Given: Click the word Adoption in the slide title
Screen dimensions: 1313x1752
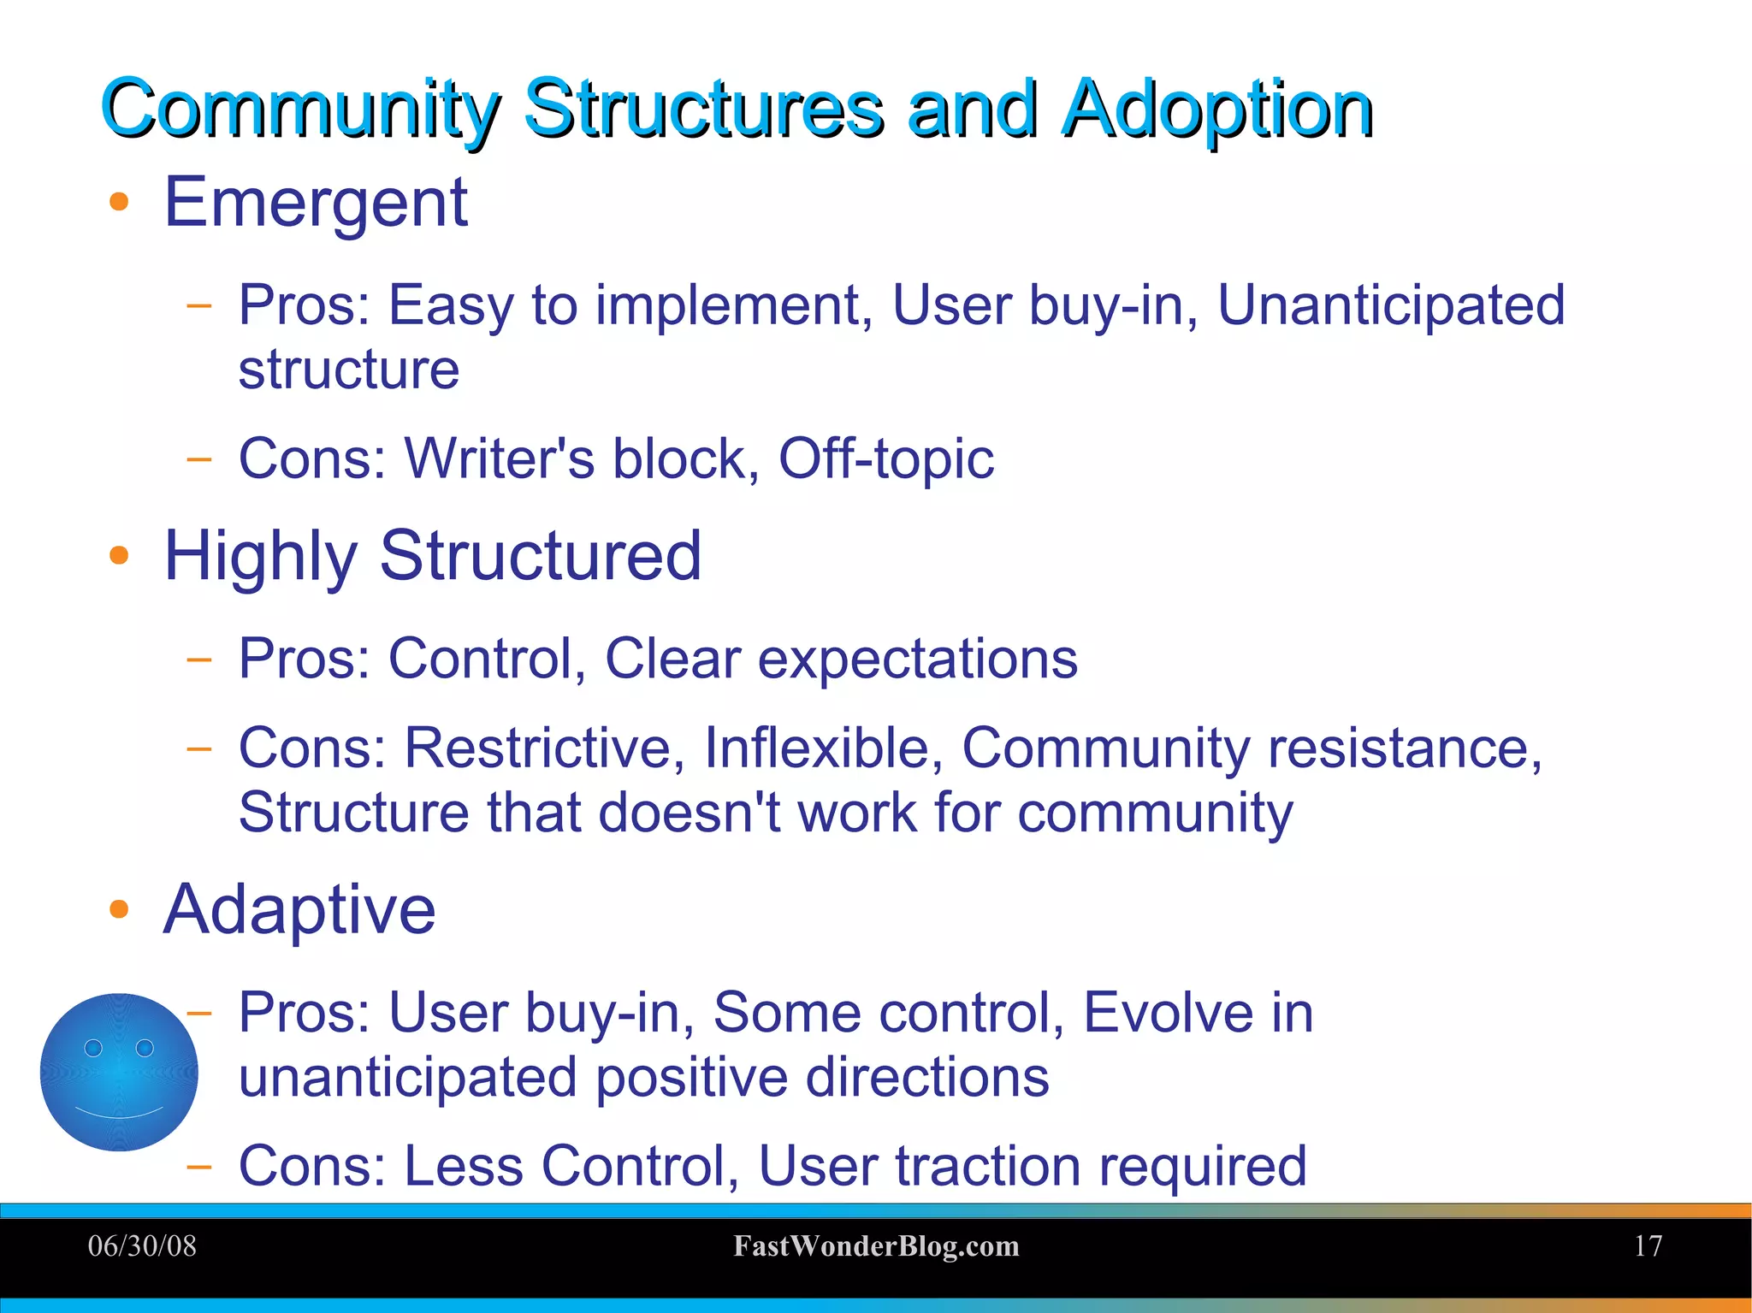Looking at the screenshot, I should (1216, 109).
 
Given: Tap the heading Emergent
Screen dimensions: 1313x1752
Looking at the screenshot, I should (316, 204).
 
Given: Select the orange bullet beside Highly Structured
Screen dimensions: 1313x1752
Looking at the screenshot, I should (119, 556).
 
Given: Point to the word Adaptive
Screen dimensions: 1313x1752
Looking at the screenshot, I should (299, 909).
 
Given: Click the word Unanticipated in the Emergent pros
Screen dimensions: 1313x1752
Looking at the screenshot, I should (1390, 305).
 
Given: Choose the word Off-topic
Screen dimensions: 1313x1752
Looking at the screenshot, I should (885, 460).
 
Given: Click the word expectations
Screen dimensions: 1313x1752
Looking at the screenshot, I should (917, 660).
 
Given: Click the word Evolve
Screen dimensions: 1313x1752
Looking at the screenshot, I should (1167, 1013).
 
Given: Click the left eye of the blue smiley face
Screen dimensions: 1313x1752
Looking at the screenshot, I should (93, 1048).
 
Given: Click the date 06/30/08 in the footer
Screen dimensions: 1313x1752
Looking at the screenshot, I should (142, 1246).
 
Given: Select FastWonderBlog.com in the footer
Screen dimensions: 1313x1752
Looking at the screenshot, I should (876, 1246).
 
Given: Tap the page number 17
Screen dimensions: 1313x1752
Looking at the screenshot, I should (1648, 1246).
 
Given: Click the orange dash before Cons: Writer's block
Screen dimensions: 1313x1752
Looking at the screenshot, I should (198, 459).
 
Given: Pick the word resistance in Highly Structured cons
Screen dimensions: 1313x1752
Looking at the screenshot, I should (1404, 748).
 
